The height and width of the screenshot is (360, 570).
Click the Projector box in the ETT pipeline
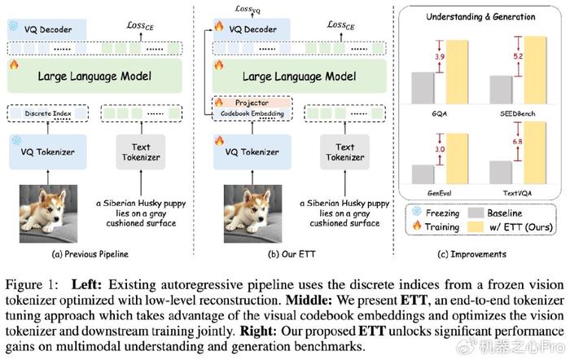tap(252, 103)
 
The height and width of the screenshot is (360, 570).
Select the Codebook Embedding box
tap(252, 113)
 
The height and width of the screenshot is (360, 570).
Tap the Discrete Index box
tap(47, 113)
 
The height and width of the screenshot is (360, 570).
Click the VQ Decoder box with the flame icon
tap(252, 29)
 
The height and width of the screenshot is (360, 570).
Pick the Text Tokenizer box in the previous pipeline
tap(141, 152)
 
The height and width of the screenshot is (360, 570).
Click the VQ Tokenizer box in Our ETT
tap(252, 152)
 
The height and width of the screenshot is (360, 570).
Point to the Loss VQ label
tap(248, 9)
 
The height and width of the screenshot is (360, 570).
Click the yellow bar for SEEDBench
tap(535, 70)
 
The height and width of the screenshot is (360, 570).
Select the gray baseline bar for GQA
tap(423, 88)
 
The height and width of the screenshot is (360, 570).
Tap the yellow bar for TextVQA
tap(535, 153)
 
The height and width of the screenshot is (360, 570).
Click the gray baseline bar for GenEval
tap(423, 174)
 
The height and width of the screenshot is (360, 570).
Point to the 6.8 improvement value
tap(517, 142)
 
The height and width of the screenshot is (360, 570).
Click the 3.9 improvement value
tap(440, 57)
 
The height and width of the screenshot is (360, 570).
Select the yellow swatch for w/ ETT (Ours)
tap(476, 227)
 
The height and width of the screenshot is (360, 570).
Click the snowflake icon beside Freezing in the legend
tap(417, 212)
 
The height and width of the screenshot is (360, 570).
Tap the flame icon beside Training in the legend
tap(417, 226)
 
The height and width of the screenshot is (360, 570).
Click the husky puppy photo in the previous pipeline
tap(48, 214)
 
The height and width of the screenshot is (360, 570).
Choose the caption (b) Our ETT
tap(292, 254)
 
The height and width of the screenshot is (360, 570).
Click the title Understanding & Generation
tap(480, 17)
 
